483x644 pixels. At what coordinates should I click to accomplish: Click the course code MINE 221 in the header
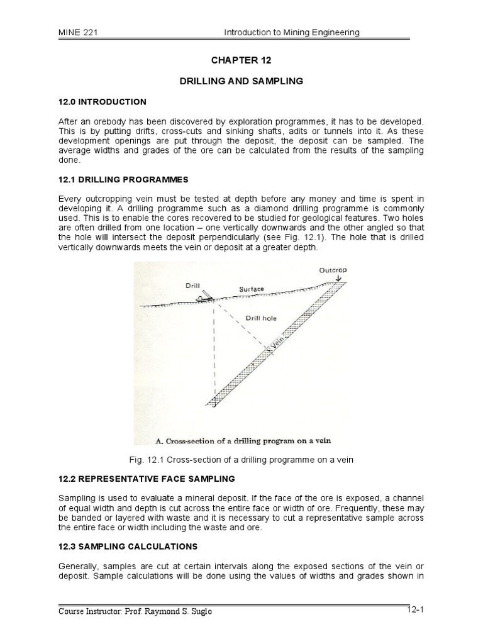(x=78, y=33)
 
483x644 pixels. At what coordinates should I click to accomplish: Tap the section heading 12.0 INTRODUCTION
(x=102, y=102)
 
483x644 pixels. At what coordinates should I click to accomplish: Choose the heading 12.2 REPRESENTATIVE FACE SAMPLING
(x=147, y=479)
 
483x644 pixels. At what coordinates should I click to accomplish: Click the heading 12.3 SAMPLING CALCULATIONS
(x=128, y=546)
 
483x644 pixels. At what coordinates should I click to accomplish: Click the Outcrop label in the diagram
(x=333, y=270)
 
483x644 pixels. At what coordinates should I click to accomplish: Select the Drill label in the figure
(x=193, y=285)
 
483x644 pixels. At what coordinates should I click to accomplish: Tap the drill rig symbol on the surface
(x=203, y=297)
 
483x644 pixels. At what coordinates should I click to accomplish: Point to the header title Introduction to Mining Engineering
(x=292, y=33)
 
